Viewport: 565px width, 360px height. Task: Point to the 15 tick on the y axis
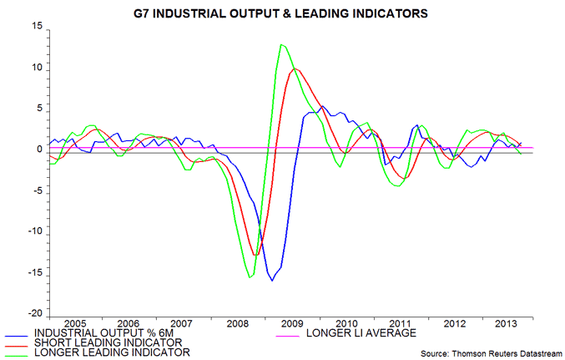36,27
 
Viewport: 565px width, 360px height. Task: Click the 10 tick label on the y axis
36,68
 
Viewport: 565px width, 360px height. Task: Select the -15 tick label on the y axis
34,273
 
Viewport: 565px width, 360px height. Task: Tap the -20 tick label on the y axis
34,314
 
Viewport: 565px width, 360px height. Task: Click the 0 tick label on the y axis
38,150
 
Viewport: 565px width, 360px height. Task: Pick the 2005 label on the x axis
76,322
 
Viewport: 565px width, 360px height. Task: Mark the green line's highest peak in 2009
281,44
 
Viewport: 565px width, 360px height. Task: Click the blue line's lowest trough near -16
271,281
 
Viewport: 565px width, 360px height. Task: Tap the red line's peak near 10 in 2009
294,68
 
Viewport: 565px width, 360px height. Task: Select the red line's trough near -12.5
257,255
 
